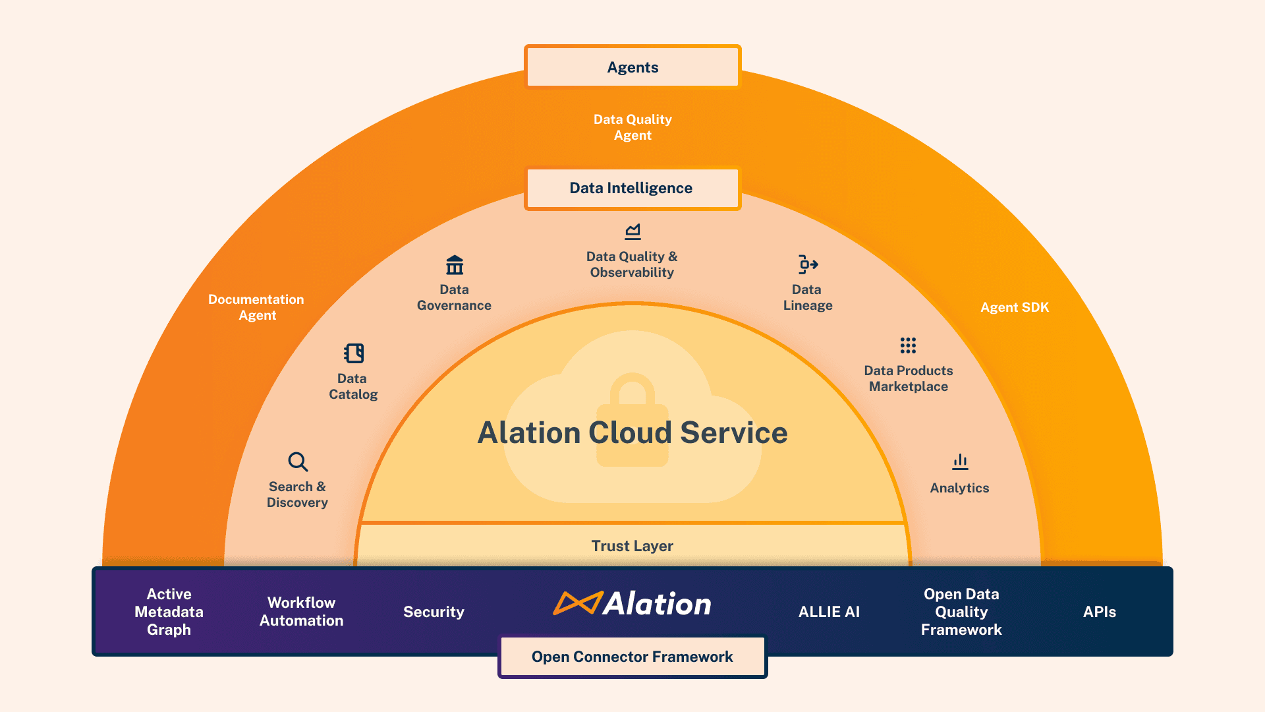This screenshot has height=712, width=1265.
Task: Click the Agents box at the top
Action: point(632,67)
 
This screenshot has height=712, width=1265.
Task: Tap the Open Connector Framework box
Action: point(632,657)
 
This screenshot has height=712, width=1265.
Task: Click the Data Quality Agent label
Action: point(632,127)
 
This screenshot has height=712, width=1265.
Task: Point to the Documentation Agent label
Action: point(256,307)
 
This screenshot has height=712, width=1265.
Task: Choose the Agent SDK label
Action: point(1014,307)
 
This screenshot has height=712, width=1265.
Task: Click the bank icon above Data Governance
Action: point(455,265)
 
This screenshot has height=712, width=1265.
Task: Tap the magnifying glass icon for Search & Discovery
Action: point(298,461)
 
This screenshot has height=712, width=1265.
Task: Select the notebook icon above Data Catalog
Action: point(354,353)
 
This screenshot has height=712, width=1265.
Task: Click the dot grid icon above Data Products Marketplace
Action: point(908,345)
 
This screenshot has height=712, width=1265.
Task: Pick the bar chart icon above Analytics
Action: point(960,461)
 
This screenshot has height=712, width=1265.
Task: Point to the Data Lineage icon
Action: point(808,264)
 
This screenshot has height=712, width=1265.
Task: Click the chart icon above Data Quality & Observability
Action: point(632,231)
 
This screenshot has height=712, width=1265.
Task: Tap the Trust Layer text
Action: point(632,546)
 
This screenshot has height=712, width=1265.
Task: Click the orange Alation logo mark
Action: point(577,603)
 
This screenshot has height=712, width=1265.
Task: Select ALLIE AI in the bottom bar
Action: point(829,612)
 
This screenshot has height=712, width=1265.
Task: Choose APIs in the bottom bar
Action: point(1099,612)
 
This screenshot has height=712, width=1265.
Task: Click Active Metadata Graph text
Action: point(169,612)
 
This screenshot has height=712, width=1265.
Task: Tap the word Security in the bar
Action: point(434,612)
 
